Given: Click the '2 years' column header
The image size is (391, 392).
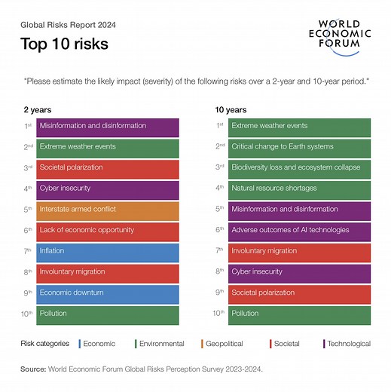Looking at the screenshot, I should pyautogui.click(x=38, y=109).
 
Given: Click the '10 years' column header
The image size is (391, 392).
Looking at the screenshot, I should pyautogui.click(x=231, y=109).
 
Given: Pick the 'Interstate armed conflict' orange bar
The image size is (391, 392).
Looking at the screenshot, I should pyautogui.click(x=108, y=210).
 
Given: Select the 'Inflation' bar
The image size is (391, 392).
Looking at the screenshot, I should pyautogui.click(x=108, y=252).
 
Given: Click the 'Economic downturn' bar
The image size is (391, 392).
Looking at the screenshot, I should pyautogui.click(x=108, y=294).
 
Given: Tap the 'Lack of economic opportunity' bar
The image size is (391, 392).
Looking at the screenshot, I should pyautogui.click(x=108, y=231).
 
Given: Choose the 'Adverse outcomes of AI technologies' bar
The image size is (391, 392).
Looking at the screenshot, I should pyautogui.click(x=299, y=231).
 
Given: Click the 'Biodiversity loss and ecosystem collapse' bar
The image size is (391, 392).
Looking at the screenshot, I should pyautogui.click(x=299, y=168).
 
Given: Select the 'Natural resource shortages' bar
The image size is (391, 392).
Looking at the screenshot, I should pyautogui.click(x=299, y=189).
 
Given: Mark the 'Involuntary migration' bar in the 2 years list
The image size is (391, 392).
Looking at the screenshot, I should pyautogui.click(x=108, y=273).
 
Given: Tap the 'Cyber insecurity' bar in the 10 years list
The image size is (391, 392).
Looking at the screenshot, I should pyautogui.click(x=299, y=273).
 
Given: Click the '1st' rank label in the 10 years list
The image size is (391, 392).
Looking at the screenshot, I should pyautogui.click(x=219, y=126).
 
